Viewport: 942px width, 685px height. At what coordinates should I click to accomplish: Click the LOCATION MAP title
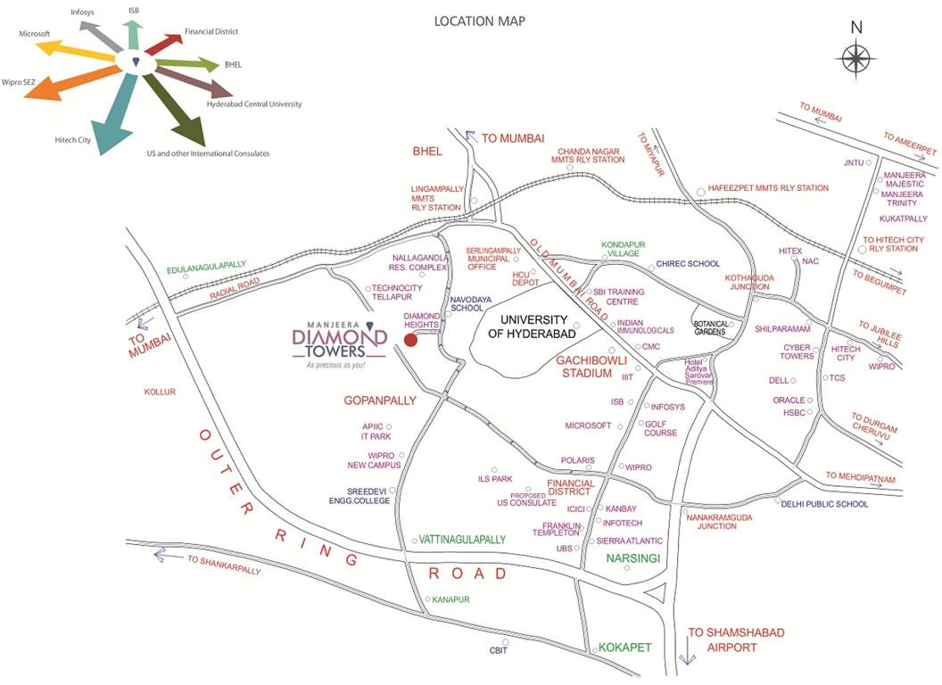tap(479, 21)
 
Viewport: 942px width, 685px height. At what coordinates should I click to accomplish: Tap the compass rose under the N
tap(855, 60)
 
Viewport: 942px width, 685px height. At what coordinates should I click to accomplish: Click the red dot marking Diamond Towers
tap(410, 340)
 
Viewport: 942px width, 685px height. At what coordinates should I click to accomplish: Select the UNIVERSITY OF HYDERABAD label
tap(533, 326)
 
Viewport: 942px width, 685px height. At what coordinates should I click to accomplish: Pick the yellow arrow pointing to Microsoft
tap(76, 50)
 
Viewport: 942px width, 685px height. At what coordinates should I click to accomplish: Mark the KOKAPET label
tap(625, 647)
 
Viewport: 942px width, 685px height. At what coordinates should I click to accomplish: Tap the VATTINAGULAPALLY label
tap(462, 540)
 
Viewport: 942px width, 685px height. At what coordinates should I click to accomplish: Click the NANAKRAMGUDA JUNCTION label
tap(723, 521)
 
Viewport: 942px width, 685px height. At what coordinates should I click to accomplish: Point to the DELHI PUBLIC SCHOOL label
tap(824, 504)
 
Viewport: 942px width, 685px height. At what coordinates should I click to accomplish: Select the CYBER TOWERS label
tap(797, 351)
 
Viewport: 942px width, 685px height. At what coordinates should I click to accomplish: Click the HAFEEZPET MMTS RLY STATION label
tap(768, 188)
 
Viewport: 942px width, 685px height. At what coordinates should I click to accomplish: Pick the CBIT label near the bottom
tap(498, 650)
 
